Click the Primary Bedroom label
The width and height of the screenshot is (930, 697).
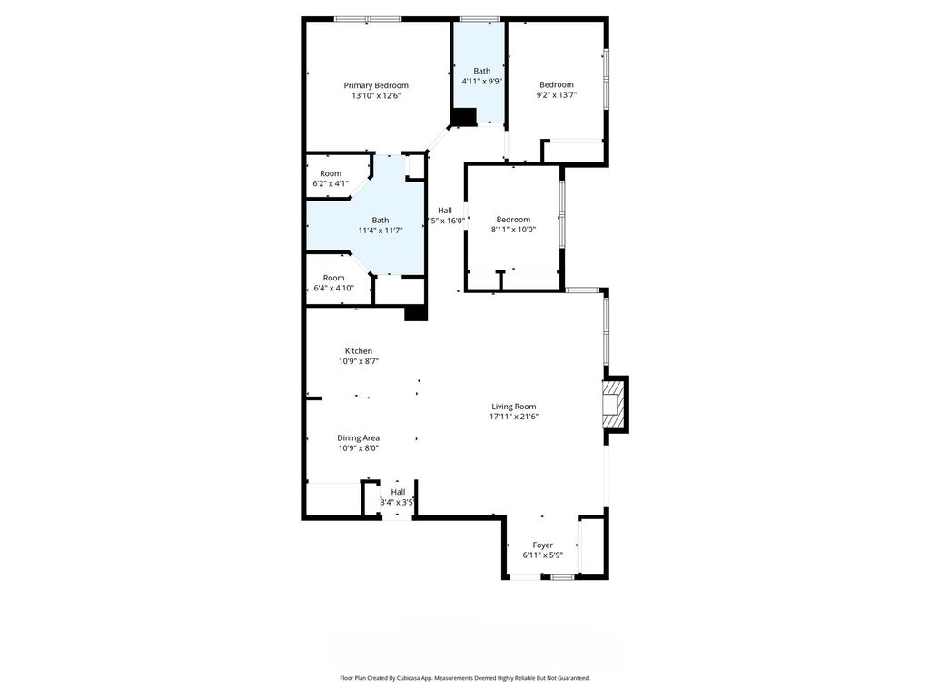(376, 85)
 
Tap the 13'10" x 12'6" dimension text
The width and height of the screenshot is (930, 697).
(376, 95)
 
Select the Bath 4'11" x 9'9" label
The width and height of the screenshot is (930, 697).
(481, 76)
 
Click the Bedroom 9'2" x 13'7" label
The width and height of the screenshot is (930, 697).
(557, 90)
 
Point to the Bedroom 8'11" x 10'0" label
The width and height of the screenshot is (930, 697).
(513, 224)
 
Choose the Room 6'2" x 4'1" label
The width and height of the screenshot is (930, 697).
(331, 179)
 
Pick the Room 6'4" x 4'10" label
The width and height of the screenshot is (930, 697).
(333, 283)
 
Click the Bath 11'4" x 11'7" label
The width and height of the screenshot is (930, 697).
(381, 225)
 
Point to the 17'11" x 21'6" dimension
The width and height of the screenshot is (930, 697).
(514, 417)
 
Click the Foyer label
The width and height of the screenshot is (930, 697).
(543, 550)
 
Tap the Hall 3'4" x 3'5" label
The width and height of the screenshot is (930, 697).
(398, 496)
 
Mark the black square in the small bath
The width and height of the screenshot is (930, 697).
(464, 117)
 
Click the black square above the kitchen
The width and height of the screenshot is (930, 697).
(415, 312)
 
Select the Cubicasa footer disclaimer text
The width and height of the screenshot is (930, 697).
(465, 678)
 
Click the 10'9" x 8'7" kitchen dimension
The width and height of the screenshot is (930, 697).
(358, 361)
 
